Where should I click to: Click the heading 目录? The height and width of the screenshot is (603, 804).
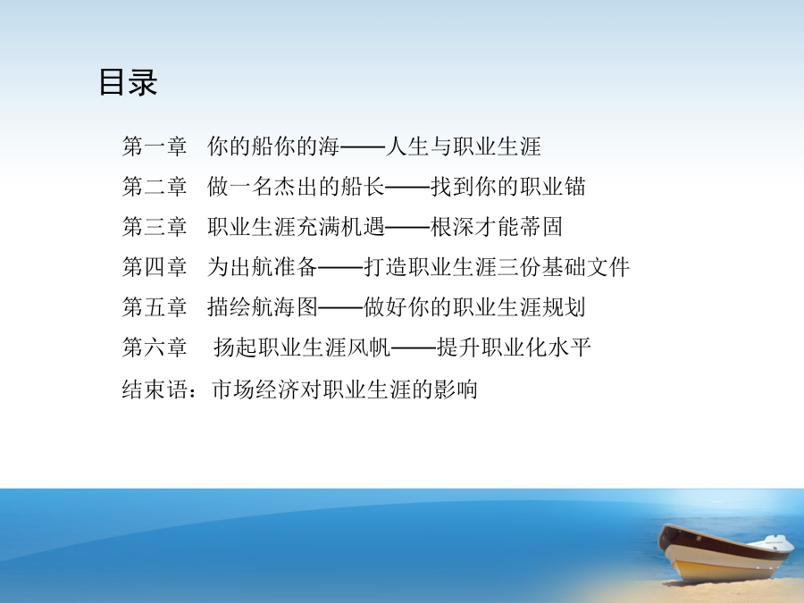tap(128, 82)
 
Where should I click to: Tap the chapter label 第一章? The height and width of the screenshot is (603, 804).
tap(155, 147)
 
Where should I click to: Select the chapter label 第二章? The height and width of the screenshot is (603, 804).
tap(155, 186)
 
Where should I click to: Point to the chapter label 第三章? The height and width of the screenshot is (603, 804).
tap(155, 227)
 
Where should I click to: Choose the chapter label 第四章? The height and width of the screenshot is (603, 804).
tap(155, 266)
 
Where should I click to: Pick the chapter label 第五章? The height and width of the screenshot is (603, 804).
tap(155, 306)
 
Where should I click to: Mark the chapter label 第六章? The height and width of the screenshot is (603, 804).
tap(155, 348)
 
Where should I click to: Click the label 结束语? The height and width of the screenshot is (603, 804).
tap(155, 389)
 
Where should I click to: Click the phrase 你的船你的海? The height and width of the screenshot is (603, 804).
tap(273, 147)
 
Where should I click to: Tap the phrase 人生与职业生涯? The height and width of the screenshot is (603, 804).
tap(463, 147)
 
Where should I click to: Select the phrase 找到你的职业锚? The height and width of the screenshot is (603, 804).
tap(507, 186)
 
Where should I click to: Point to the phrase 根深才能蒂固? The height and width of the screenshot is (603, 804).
tap(497, 227)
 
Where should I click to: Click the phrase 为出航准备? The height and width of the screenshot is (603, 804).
tap(262, 266)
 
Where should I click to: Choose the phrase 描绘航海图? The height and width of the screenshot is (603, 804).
tap(262, 306)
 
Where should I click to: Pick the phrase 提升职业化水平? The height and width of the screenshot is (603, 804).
tap(514, 348)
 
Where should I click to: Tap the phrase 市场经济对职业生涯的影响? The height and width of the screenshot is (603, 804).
tap(345, 389)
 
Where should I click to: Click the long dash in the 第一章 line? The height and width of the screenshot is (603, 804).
tap(363, 147)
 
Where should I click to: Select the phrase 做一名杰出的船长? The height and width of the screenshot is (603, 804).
tap(296, 186)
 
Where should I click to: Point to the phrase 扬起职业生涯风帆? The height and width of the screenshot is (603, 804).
tap(302, 348)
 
